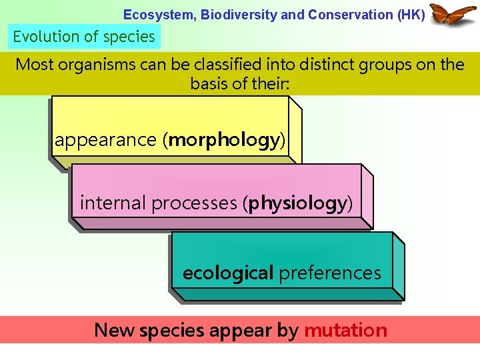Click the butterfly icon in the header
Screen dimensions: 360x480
coord(453,15)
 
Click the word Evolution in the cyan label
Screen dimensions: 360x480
coord(43,37)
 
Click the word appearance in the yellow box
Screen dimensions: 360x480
coord(105,141)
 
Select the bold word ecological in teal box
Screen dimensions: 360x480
coord(228,273)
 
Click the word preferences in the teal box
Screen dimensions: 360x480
coord(330,273)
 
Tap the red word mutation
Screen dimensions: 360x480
coord(345,330)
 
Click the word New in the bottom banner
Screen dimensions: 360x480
coord(115,330)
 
